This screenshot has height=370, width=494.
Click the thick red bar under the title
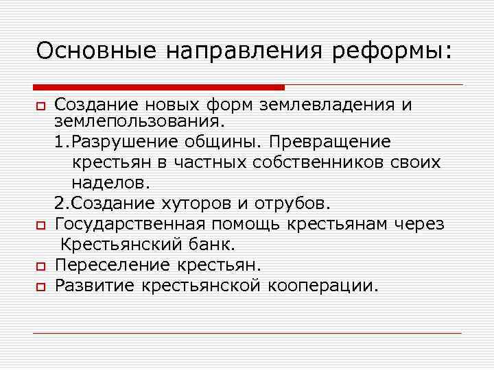pos(158,87)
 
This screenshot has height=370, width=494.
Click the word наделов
pos(110,183)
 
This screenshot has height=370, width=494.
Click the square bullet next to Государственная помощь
pos(38,225)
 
